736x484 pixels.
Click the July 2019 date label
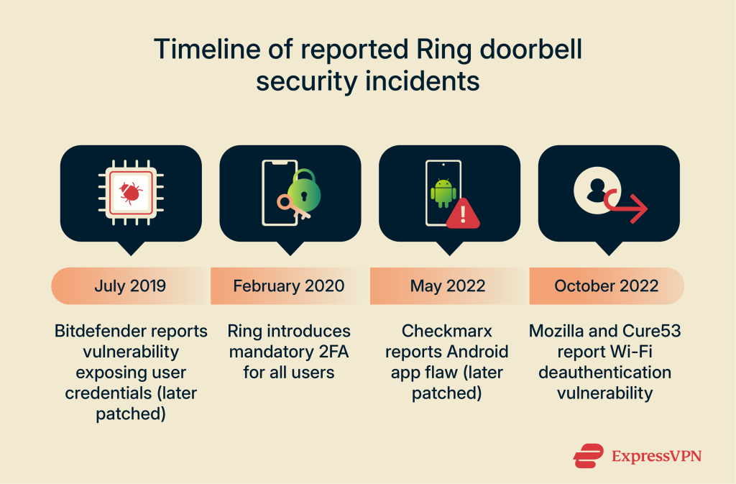130,286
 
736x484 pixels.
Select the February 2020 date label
289,286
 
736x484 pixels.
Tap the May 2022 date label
448,286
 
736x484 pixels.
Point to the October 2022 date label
607,286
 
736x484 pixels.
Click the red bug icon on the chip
131,192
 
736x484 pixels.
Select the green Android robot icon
443,193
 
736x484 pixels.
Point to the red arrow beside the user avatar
627,207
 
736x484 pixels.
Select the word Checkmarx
447,332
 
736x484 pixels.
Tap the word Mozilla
558,332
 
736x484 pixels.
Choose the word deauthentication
607,373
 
